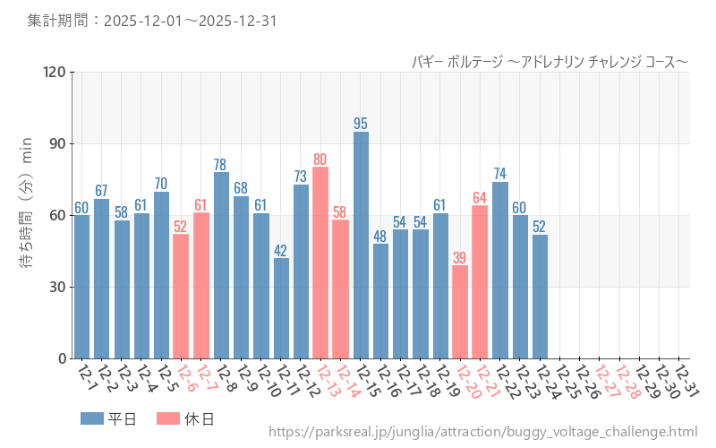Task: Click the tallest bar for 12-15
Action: coord(361,245)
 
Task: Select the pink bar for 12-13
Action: coord(320,263)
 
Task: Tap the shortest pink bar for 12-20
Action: coord(460,312)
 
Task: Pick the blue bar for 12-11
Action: coord(281,308)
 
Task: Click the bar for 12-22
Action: coord(499,270)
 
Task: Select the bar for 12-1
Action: coord(81,287)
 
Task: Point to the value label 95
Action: coord(361,124)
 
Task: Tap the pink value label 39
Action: coord(460,257)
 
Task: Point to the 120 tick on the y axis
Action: coord(55,72)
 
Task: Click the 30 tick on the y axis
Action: coord(58,287)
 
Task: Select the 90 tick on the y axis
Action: coord(58,143)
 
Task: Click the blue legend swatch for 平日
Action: coord(92,418)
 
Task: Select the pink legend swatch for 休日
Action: coord(168,418)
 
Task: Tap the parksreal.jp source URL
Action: coord(482,433)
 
